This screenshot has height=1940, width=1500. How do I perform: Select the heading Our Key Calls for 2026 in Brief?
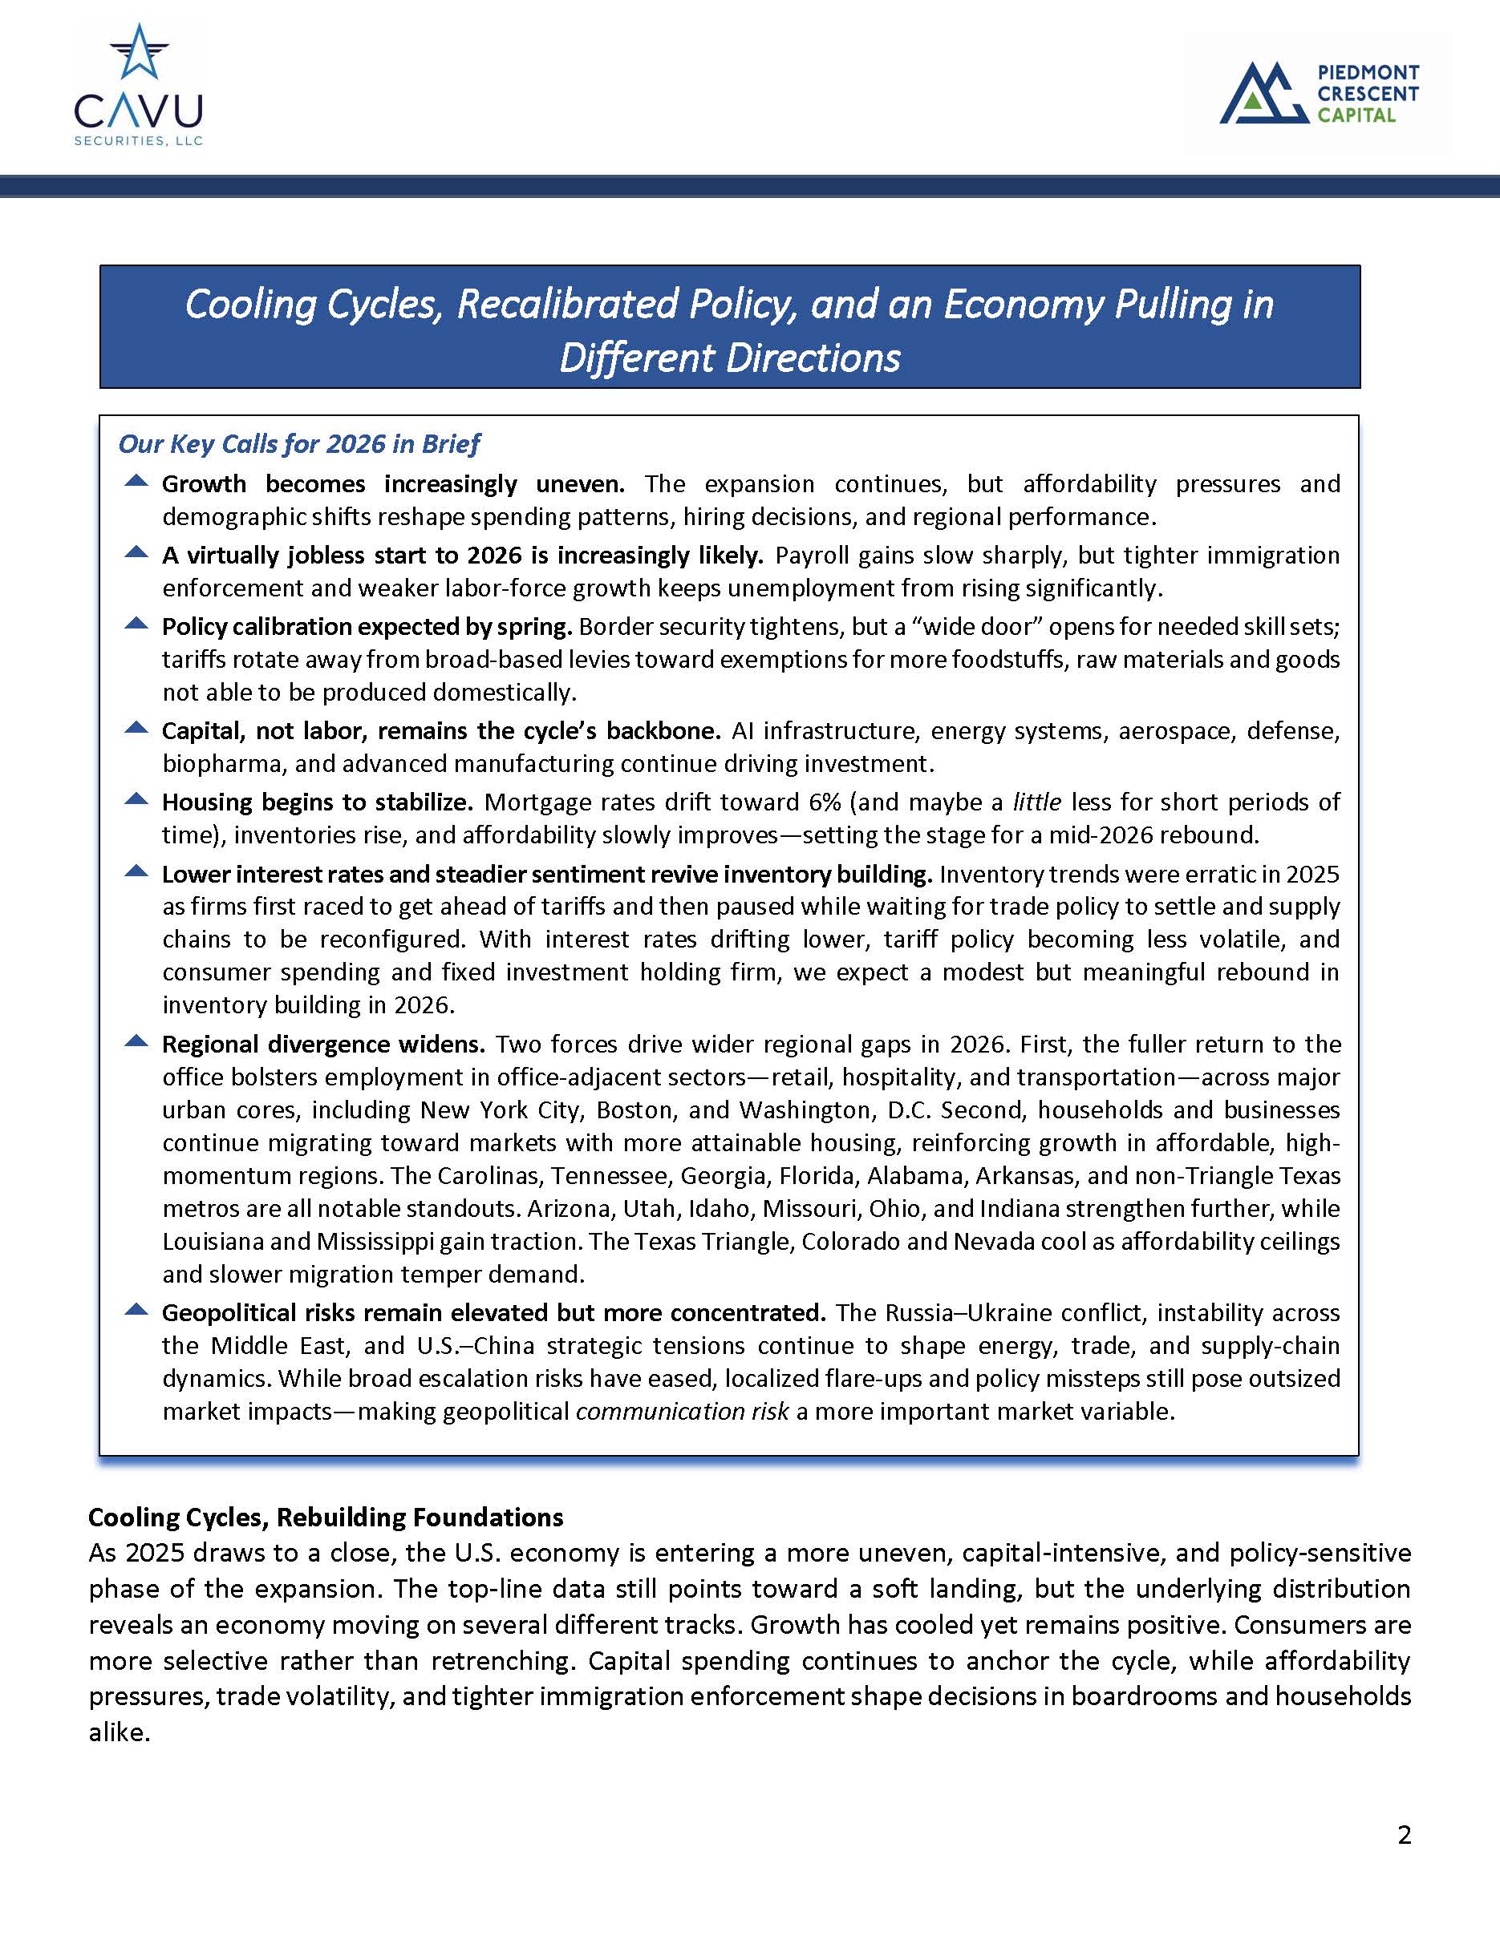click(298, 443)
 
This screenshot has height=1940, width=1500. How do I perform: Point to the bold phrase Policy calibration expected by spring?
click(366, 627)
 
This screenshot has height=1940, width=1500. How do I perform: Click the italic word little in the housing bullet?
click(1036, 802)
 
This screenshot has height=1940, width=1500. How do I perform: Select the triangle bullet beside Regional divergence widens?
click(136, 1041)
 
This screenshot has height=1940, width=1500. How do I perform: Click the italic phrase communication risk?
click(682, 1412)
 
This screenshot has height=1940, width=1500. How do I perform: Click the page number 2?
click(1404, 1835)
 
